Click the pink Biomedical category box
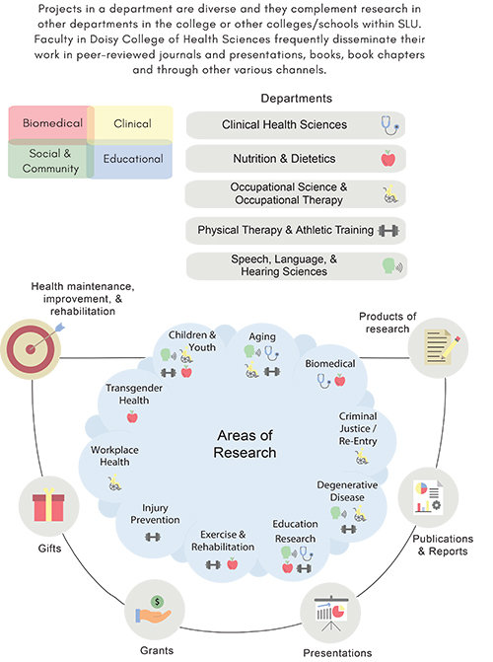click(x=51, y=123)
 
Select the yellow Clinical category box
click(x=132, y=123)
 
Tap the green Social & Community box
click(x=50, y=160)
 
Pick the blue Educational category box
click(x=132, y=160)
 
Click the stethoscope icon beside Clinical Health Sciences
click(x=389, y=125)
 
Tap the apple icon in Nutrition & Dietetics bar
click(x=387, y=158)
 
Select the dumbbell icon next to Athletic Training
click(x=388, y=231)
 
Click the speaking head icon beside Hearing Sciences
click(x=392, y=266)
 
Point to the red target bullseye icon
click(x=31, y=348)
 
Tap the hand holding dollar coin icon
click(x=153, y=610)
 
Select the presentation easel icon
click(x=331, y=613)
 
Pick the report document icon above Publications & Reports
click(x=428, y=496)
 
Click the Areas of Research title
click(x=245, y=444)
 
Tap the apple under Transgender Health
click(x=132, y=417)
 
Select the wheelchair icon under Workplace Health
click(x=114, y=482)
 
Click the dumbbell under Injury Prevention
click(x=153, y=537)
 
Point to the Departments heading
click(x=297, y=99)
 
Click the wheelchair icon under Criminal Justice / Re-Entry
click(x=362, y=457)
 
